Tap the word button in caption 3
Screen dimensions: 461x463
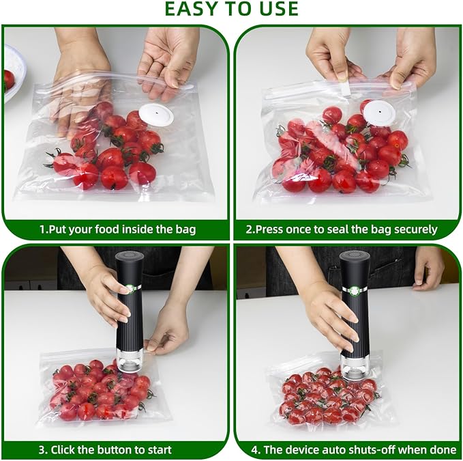pyautogui.click(x=116, y=450)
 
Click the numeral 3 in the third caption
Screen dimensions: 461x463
pyautogui.click(x=42, y=450)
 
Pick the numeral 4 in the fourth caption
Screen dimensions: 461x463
pyautogui.click(x=254, y=450)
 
